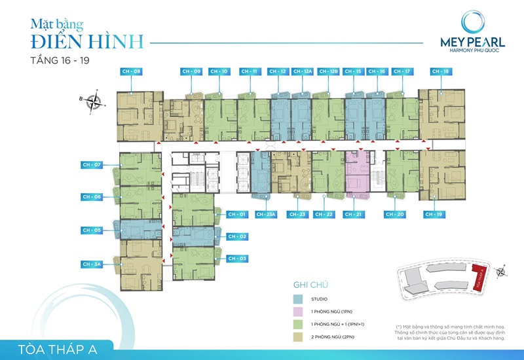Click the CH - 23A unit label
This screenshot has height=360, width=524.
(x=267, y=214)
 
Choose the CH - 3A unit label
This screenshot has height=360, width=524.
(x=92, y=264)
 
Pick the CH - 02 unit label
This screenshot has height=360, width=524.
(x=238, y=236)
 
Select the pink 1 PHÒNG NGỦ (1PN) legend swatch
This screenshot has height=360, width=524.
(x=298, y=314)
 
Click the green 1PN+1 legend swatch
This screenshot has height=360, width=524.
(x=298, y=326)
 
